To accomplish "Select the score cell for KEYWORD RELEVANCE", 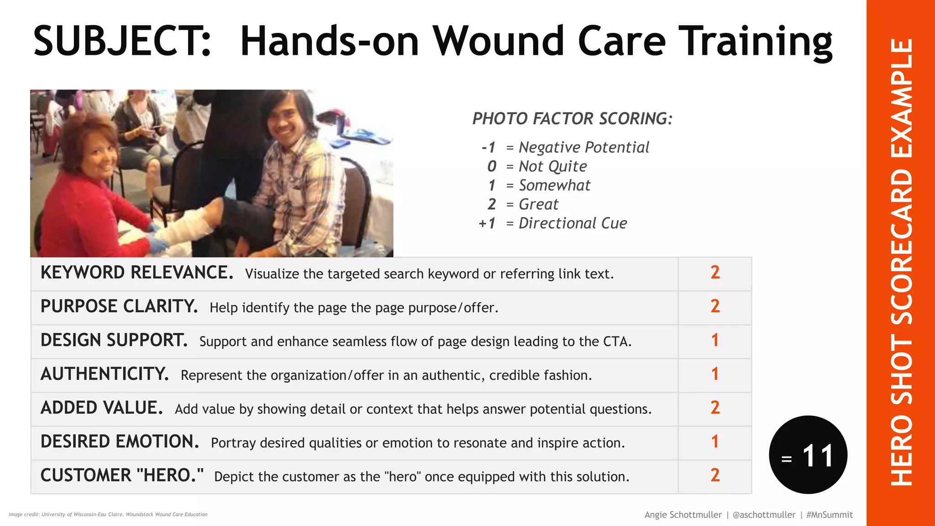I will click(714, 273).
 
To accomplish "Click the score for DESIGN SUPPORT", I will click(714, 341).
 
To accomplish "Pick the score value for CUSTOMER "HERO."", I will click(714, 476).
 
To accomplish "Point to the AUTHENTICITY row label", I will click(105, 374).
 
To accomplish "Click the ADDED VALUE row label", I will click(101, 408).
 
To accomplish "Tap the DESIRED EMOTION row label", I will click(120, 442).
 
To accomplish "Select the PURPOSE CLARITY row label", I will click(119, 307).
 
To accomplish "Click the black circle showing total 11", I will click(808, 455).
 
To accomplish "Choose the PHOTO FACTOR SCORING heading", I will click(572, 119).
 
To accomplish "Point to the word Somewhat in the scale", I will click(554, 185).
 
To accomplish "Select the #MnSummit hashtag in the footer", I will click(829, 515).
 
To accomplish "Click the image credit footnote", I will click(108, 515).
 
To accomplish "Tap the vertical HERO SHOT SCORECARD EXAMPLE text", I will click(901, 263).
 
